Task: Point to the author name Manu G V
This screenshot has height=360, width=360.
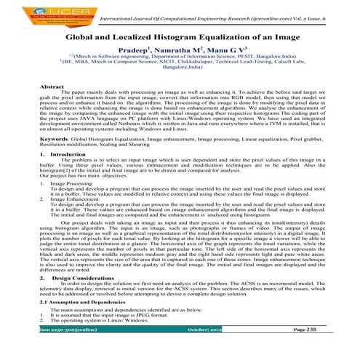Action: (x=241, y=52)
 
